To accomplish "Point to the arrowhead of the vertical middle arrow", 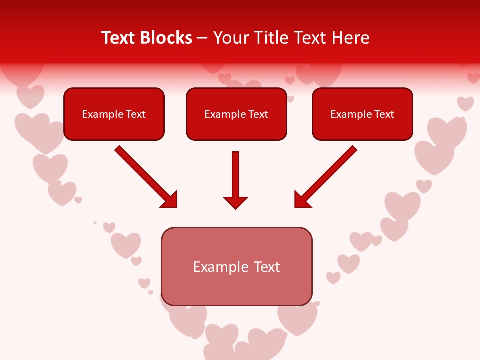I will click(x=235, y=202).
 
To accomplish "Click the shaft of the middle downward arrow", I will click(x=235, y=172).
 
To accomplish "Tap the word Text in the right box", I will click(x=384, y=114).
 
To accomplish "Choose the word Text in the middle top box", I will click(x=258, y=114).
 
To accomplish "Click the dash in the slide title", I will click(x=202, y=38).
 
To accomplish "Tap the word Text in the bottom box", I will click(x=267, y=267).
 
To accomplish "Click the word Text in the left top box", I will click(x=136, y=114).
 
